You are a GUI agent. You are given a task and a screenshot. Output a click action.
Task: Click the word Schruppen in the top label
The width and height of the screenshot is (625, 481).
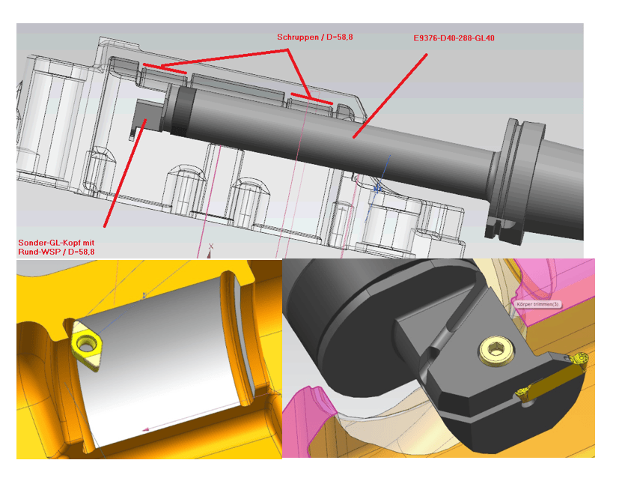tap(298, 37)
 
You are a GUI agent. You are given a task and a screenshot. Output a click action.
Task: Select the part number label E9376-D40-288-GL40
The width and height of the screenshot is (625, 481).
tap(454, 38)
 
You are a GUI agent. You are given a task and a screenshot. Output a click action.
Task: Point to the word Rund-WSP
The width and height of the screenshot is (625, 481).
tap(37, 252)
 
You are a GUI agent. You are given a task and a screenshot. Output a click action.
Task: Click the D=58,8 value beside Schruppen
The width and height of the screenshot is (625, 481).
tap(340, 37)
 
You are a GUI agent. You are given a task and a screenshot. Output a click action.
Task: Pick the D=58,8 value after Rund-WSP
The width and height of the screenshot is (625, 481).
tap(82, 252)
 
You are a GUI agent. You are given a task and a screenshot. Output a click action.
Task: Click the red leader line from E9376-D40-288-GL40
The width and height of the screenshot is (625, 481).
tap(390, 96)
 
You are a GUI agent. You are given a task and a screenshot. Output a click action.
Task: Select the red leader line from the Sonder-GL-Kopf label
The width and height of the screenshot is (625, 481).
tap(125, 173)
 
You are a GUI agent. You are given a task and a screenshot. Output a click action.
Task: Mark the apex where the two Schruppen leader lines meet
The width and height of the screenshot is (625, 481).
tap(287, 50)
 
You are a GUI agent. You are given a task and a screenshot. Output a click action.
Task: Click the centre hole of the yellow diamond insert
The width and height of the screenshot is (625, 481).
tap(85, 343)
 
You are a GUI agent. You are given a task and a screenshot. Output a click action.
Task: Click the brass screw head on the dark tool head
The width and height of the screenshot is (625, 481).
tap(496, 350)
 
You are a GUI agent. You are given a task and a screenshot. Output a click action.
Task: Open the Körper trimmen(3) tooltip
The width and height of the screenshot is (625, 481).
tap(537, 304)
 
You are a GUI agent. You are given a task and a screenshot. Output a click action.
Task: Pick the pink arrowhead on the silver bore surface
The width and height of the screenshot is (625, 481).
tap(146, 429)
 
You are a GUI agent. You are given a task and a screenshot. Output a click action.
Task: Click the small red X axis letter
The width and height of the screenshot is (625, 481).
tap(211, 246)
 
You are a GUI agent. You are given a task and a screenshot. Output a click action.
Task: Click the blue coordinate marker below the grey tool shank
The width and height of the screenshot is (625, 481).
tap(377, 188)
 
